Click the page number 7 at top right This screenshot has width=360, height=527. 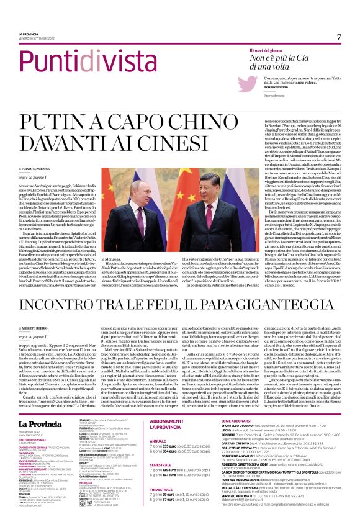point(339,37)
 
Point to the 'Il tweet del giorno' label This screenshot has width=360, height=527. point(268,51)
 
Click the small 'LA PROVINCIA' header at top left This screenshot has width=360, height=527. point(28,34)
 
